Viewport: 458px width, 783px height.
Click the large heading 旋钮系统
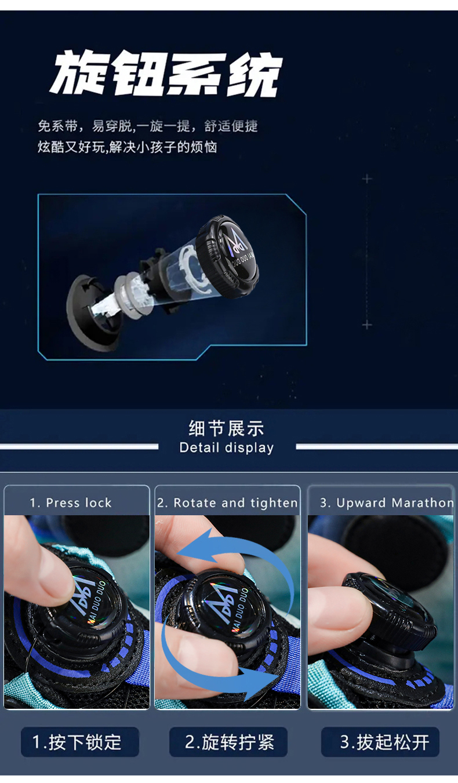(166, 74)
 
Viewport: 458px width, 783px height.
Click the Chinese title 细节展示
(226, 428)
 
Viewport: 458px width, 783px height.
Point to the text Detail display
(226, 448)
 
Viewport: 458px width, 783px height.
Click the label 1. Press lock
(71, 502)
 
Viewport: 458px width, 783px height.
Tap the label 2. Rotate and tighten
(227, 502)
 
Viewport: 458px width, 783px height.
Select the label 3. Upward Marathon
(387, 502)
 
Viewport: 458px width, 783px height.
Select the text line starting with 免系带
(148, 126)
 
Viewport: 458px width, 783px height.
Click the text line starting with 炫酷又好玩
(128, 147)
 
